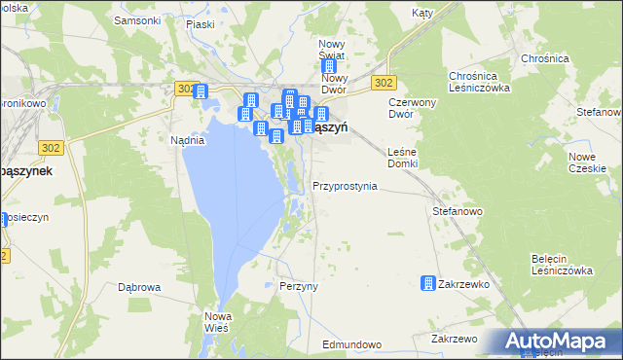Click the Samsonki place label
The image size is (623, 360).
point(137,19)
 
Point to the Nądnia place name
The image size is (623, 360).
point(187,140)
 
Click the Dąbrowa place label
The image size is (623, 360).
point(138,287)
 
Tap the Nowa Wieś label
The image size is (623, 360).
point(216,322)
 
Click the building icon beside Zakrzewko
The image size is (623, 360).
point(427,283)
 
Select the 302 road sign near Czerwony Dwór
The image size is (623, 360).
point(383,84)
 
